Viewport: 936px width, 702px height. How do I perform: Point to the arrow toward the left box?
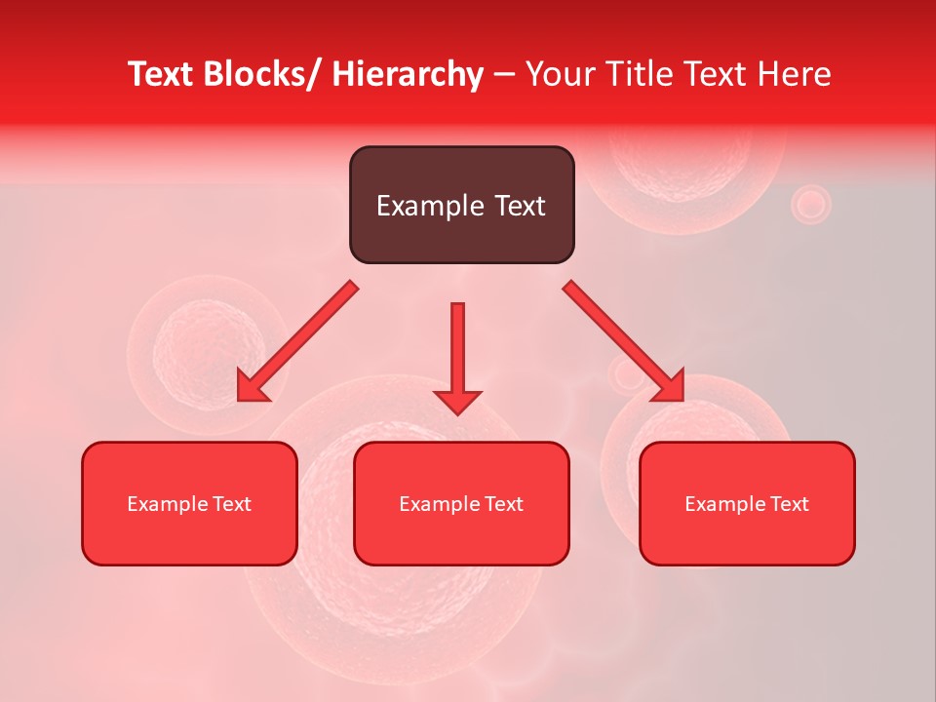point(297,342)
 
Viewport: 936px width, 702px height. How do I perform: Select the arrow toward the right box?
point(624,342)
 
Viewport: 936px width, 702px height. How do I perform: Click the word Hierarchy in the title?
point(408,74)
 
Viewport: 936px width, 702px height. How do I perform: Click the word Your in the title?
point(561,74)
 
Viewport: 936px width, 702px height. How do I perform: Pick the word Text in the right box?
point(789,504)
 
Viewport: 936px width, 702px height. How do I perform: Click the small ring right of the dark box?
point(809,205)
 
